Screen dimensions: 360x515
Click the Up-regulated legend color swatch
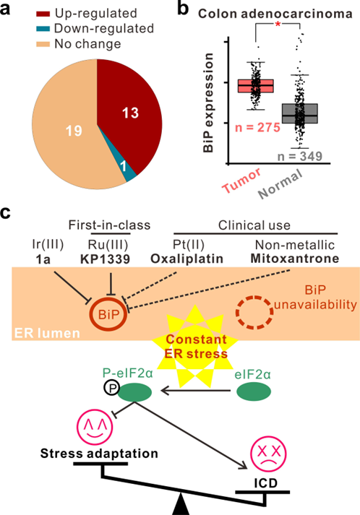[x=43, y=14]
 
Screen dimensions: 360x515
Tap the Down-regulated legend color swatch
[x=43, y=29]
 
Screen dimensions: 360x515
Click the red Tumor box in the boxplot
[x=256, y=86]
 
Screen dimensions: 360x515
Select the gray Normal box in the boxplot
[x=300, y=113]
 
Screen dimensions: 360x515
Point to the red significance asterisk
[x=278, y=25]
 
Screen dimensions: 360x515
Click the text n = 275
[x=257, y=127]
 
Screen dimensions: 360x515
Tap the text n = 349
[x=300, y=156]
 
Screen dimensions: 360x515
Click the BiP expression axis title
[x=208, y=103]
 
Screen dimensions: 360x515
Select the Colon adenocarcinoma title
[x=275, y=14]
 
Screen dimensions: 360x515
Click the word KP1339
[x=106, y=259]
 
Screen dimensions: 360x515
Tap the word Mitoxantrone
[x=294, y=259]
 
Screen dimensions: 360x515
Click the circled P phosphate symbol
[x=112, y=388]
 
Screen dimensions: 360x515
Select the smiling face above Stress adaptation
[x=95, y=428]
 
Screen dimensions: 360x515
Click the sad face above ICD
[x=269, y=455]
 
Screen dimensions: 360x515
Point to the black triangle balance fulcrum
[x=181, y=504]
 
